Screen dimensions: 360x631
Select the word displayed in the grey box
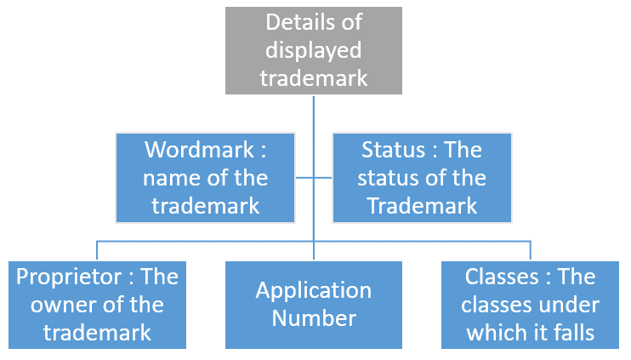(x=313, y=49)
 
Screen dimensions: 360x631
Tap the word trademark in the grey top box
(x=313, y=77)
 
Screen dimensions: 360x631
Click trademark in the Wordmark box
(x=205, y=205)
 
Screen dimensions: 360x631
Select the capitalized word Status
(x=393, y=151)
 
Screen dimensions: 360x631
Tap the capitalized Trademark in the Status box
(x=422, y=205)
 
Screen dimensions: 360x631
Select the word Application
(x=314, y=290)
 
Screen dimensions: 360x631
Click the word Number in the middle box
(x=314, y=318)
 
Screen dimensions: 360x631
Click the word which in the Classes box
(x=500, y=331)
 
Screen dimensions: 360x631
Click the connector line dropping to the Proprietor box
(x=97, y=250)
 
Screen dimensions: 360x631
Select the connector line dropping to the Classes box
(x=531, y=250)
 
